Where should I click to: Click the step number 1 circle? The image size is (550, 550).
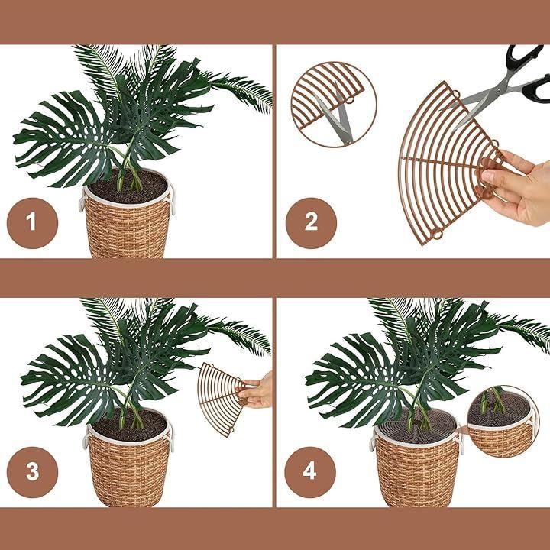tap(32, 223)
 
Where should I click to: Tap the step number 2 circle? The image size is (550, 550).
tap(311, 223)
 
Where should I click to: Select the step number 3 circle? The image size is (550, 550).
tap(32, 472)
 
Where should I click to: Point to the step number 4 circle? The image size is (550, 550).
tap(310, 472)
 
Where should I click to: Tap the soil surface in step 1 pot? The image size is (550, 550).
tap(128, 187)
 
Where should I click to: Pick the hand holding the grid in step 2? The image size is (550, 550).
tap(517, 188)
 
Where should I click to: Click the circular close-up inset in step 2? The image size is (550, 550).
tap(334, 104)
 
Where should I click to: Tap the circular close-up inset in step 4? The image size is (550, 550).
tap(503, 422)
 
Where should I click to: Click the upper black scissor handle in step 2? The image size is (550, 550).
tap(523, 56)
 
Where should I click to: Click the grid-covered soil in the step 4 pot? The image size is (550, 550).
tap(417, 427)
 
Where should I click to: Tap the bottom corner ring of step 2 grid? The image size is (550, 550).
tap(438, 233)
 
